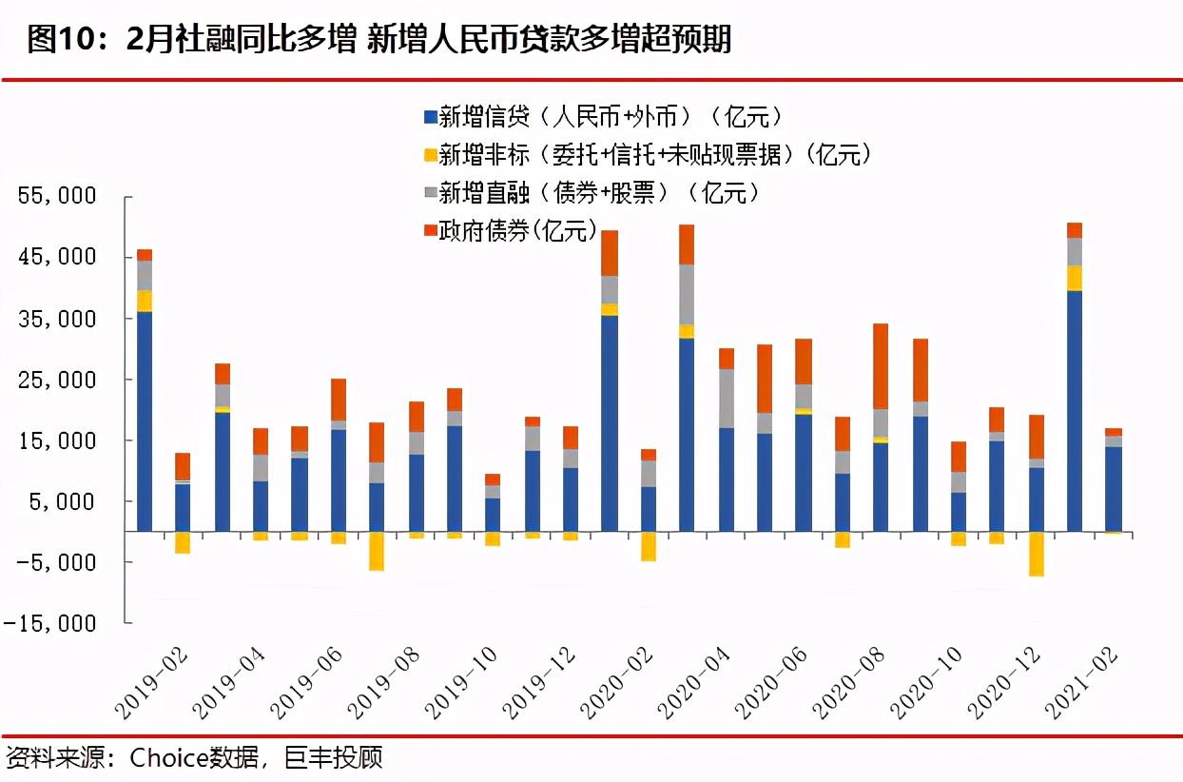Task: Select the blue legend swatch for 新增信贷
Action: pyautogui.click(x=430, y=118)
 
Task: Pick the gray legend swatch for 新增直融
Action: pyautogui.click(x=430, y=193)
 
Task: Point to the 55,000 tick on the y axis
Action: pyautogui.click(x=58, y=197)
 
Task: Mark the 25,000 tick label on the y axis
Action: pyautogui.click(x=58, y=380)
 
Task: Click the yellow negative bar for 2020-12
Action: pyautogui.click(x=1036, y=554)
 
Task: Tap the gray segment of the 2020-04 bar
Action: pyautogui.click(x=726, y=399)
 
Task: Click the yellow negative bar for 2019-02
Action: pyautogui.click(x=183, y=541)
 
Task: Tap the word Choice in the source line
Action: pyautogui.click(x=167, y=758)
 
